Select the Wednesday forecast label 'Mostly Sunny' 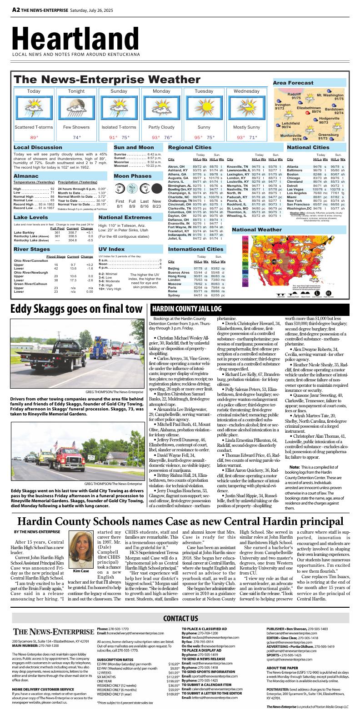[x=246, y=127]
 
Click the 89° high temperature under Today [x=34, y=137]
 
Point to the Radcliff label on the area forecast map [x=295, y=95]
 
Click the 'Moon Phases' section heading [x=133, y=176]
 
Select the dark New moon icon [x=157, y=189]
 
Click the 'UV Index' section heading [x=111, y=249]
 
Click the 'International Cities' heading [x=195, y=249]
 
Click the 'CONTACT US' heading [x=180, y=618]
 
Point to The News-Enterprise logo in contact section [x=53, y=632]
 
